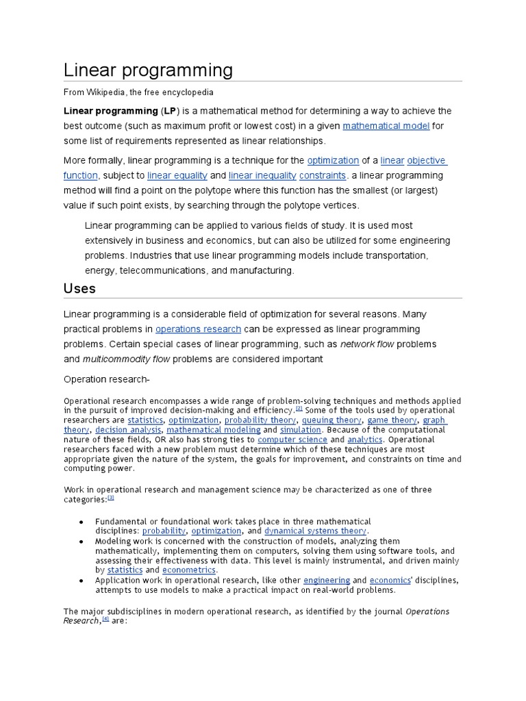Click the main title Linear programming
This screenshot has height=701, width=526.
pos(148,70)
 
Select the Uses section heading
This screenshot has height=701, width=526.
pos(79,288)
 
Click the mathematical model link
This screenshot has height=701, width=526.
pos(386,126)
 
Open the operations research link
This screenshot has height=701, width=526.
pos(198,329)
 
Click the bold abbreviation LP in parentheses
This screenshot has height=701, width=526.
pos(168,111)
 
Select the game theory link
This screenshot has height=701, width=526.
pos(392,420)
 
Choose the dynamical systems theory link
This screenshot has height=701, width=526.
pos(316,531)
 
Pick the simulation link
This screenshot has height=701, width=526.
pos(296,429)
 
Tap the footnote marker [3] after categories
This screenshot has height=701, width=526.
pos(110,498)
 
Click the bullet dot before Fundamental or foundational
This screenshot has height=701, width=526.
pos(82,522)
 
